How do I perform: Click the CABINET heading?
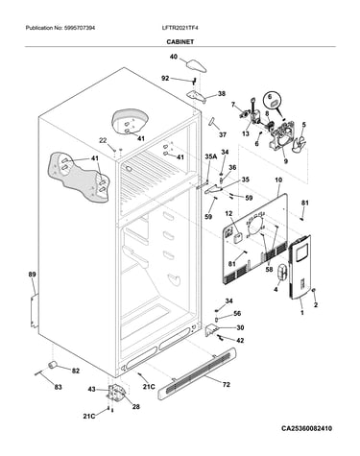tap(180, 41)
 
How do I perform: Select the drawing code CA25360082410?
tap(306, 428)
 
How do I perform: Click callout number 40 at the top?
tap(173, 57)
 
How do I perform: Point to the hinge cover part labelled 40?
tap(196, 65)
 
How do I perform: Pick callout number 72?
tap(226, 384)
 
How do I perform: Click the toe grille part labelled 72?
tap(198, 373)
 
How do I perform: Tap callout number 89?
tap(32, 274)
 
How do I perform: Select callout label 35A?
tap(210, 156)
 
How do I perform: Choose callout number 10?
tap(278, 180)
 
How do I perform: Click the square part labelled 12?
tap(238, 239)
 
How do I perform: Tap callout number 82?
tap(75, 371)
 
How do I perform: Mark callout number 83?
tap(58, 387)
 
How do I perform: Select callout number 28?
tap(136, 407)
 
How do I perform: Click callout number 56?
tap(237, 314)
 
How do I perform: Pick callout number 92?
tap(165, 78)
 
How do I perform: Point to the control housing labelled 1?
tap(300, 267)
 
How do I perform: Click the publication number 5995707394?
tap(79, 28)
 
